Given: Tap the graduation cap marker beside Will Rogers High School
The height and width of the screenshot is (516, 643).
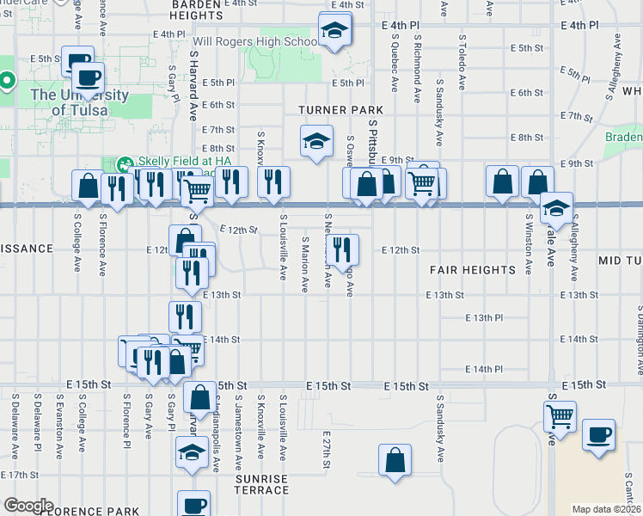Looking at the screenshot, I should [x=332, y=31].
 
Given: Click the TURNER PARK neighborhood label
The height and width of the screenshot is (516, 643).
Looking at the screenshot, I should [x=340, y=110].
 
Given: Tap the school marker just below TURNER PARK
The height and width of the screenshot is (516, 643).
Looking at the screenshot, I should [x=316, y=140].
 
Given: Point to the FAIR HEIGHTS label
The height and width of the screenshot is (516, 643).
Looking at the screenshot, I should [x=473, y=270].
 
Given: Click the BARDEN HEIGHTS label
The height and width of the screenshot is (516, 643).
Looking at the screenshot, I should [x=197, y=9].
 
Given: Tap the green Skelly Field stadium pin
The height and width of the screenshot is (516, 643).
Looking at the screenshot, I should [x=123, y=163].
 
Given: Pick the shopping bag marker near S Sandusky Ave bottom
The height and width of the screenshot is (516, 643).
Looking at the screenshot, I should [x=395, y=459].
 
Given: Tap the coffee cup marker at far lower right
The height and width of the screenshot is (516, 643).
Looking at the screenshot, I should [x=598, y=434].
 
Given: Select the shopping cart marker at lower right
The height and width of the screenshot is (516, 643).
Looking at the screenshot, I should [x=560, y=416].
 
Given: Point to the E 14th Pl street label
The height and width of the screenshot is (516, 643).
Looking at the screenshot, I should [x=483, y=369].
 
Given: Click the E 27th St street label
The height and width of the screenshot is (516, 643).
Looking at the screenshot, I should [x=327, y=450].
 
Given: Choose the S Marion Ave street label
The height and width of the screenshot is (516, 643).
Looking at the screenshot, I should [x=305, y=261].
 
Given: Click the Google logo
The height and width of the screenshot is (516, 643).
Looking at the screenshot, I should [x=28, y=506].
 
